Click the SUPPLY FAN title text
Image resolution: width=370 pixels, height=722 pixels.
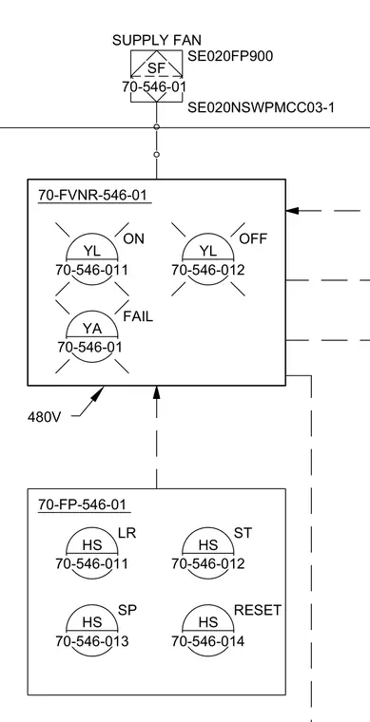pyautogui.click(x=157, y=40)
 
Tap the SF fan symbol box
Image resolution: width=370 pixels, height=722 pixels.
pyautogui.click(x=157, y=76)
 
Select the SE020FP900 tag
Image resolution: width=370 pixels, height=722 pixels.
pyautogui.click(x=230, y=56)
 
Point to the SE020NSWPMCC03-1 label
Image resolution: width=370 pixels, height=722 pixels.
pyautogui.click(x=261, y=107)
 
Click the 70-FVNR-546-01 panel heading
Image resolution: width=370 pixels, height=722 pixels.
pyautogui.click(x=92, y=196)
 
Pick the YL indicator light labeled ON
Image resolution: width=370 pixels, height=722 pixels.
pyautogui.click(x=92, y=259)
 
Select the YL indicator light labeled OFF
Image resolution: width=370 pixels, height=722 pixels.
pyautogui.click(x=208, y=259)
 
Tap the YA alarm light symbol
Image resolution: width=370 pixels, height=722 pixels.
pyautogui.click(x=92, y=336)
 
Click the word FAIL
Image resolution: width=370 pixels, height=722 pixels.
pyautogui.click(x=138, y=316)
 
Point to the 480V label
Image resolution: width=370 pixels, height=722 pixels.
pyautogui.click(x=45, y=418)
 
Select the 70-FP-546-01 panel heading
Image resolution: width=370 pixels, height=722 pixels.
pyautogui.click(x=82, y=504)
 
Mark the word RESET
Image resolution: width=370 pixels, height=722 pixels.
pyautogui.click(x=258, y=611)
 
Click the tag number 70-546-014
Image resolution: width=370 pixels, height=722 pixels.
pyautogui.click(x=208, y=641)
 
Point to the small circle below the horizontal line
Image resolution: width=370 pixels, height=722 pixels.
pyautogui.click(x=157, y=155)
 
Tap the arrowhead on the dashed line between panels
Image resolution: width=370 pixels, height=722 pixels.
pyautogui.click(x=157, y=393)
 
